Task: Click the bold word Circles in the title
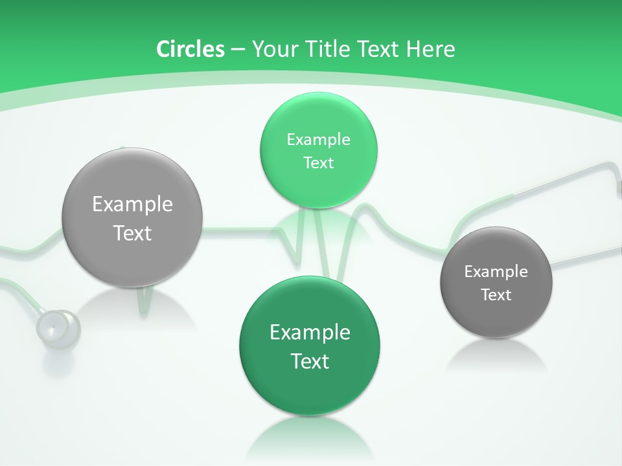coord(190,49)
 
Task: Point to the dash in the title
coord(237,50)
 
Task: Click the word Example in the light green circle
coord(318,139)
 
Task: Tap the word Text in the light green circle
coord(318,162)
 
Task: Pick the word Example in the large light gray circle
coord(132,204)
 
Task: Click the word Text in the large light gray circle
coord(132,233)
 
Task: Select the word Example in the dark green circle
coord(310,332)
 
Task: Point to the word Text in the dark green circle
coord(310,361)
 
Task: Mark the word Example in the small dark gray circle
coord(496,271)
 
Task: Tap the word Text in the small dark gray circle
coord(496,294)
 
